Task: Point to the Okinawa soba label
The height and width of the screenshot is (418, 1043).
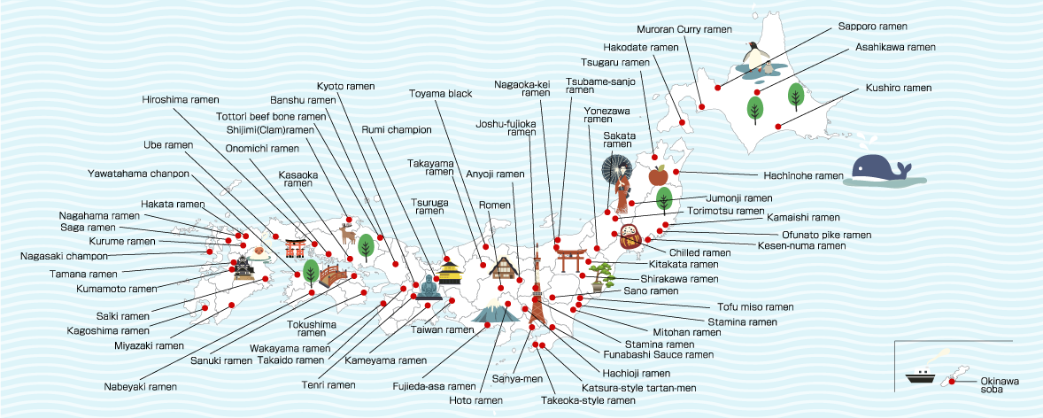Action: pyautogui.click(x=1000, y=385)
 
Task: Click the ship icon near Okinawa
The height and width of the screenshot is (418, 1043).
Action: pyautogui.click(x=921, y=375)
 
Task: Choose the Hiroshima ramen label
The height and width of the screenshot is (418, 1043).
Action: pyautogui.click(x=181, y=99)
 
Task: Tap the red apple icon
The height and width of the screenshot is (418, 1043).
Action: pyautogui.click(x=658, y=174)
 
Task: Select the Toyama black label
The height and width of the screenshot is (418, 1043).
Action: pyautogui.click(x=440, y=93)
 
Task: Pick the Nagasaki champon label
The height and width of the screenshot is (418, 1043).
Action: pyautogui.click(x=59, y=256)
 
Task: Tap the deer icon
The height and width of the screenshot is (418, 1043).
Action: pyautogui.click(x=347, y=233)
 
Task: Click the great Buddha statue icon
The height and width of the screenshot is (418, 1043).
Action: pyautogui.click(x=429, y=287)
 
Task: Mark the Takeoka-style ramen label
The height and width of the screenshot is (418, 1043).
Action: pyautogui.click(x=588, y=400)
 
